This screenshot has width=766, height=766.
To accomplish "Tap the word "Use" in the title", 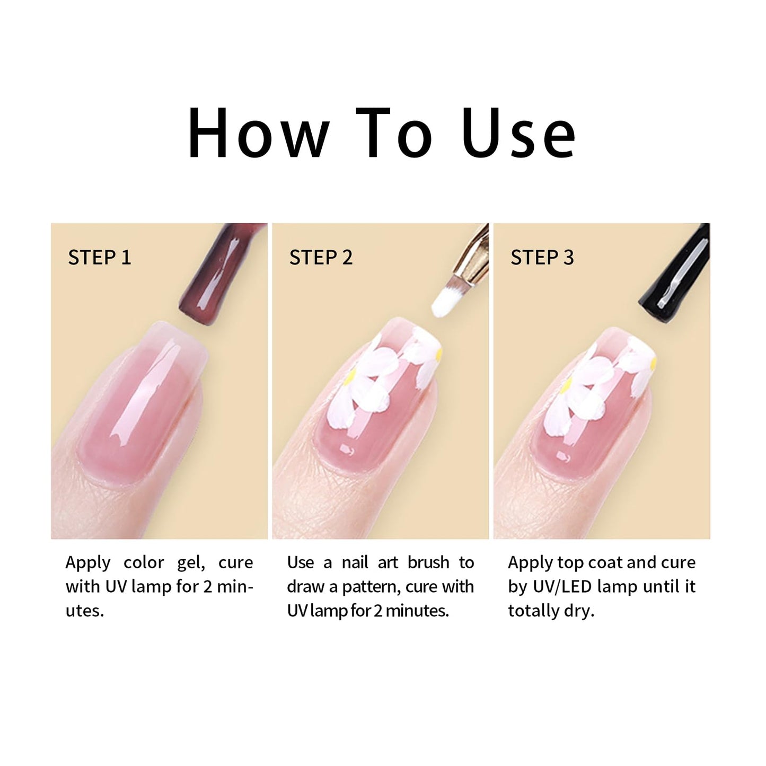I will pyautogui.click(x=518, y=133).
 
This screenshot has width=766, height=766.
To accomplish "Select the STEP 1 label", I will pyautogui.click(x=99, y=258).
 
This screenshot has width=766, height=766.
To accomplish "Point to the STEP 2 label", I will pyautogui.click(x=321, y=258).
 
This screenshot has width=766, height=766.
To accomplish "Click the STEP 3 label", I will pyautogui.click(x=542, y=258).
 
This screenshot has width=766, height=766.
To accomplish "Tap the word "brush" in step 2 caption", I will pyautogui.click(x=428, y=562).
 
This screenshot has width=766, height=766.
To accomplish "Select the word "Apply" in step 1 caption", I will pyautogui.click(x=88, y=564).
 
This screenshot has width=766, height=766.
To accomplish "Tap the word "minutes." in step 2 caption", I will pyautogui.click(x=417, y=611).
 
